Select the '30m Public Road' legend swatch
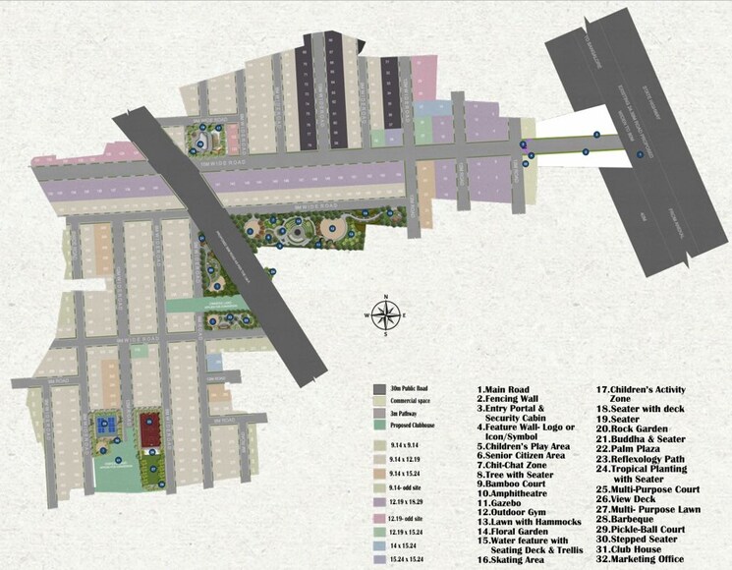(x=380, y=389)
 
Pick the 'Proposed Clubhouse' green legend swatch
(x=380, y=425)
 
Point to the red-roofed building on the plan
(x=151, y=428)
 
